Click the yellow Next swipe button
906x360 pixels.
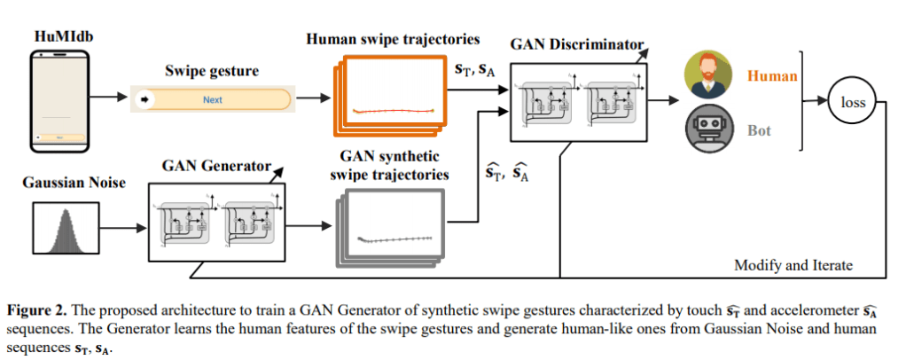(213, 99)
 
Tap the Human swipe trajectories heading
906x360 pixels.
(392, 39)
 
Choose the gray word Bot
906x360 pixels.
(759, 131)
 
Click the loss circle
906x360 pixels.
(853, 103)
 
